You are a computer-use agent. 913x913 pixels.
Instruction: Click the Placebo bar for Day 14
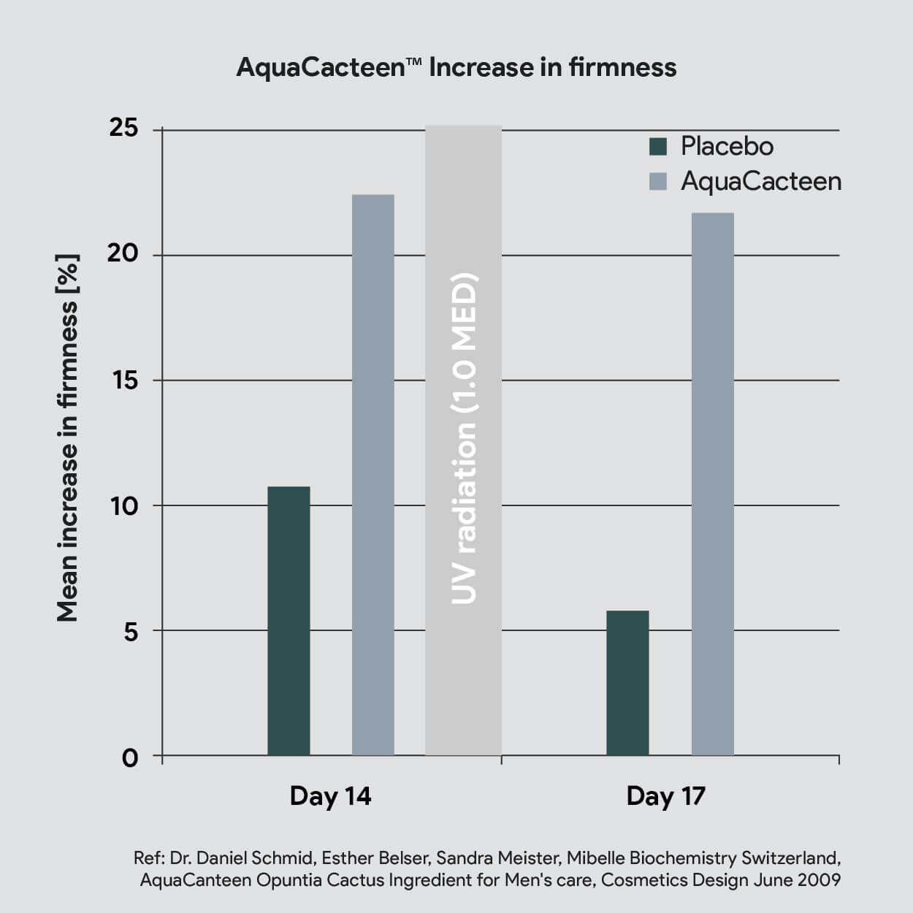tap(289, 621)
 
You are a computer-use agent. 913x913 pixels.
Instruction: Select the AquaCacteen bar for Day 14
tap(373, 475)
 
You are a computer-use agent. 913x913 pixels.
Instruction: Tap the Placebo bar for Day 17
tap(627, 683)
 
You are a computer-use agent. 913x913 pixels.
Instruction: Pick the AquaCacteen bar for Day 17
tap(713, 484)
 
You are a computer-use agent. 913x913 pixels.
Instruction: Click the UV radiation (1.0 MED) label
tap(464, 439)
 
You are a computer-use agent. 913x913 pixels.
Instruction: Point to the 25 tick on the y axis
tap(124, 128)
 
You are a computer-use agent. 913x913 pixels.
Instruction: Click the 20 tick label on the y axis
tap(123, 254)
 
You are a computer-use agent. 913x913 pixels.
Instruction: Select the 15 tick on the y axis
tap(125, 380)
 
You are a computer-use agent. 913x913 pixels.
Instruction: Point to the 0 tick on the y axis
tap(130, 758)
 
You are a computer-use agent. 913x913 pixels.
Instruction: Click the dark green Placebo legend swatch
tap(658, 146)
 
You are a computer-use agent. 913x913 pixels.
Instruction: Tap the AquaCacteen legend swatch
tap(658, 181)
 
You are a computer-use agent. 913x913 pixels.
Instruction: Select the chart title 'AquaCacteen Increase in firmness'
tap(457, 67)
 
